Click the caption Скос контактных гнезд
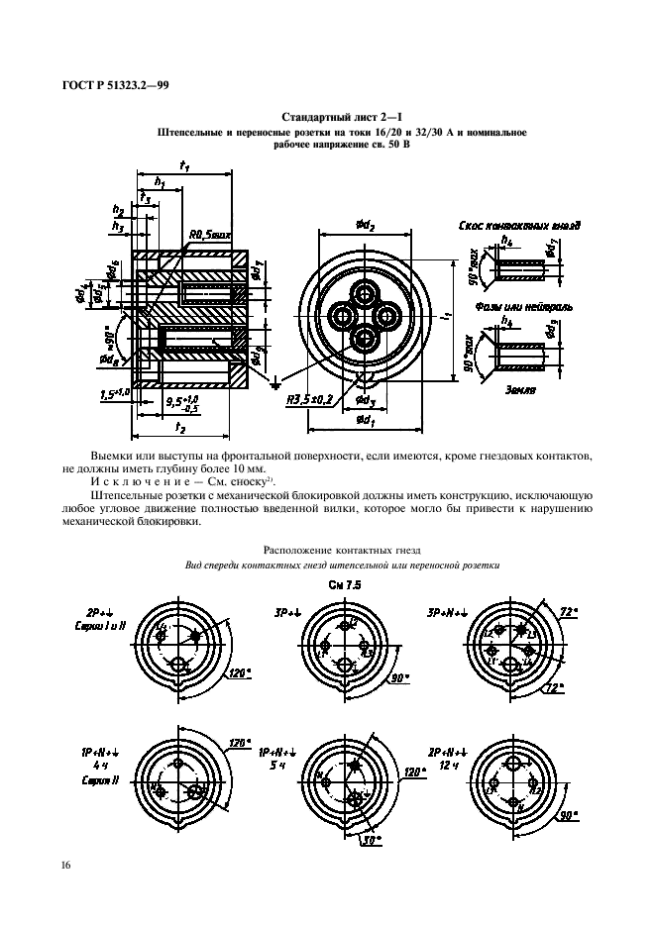(520, 226)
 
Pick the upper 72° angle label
(568, 614)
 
